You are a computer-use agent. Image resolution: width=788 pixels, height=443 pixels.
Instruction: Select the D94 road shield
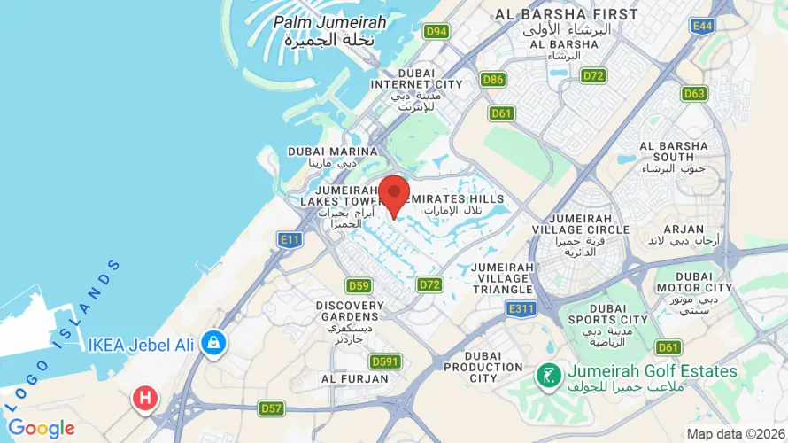[x=436, y=32]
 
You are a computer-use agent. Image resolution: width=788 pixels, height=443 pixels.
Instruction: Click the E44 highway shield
[x=703, y=27]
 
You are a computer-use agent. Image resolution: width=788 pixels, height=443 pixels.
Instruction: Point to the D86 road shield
[x=493, y=80]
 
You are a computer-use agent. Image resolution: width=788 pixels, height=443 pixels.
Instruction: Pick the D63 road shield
[x=694, y=93]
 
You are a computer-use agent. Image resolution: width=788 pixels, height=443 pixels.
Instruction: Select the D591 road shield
[x=385, y=361]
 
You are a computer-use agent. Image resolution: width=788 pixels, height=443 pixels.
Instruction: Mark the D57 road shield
[x=271, y=408]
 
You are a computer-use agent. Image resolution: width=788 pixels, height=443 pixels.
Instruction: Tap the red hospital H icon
[x=145, y=398]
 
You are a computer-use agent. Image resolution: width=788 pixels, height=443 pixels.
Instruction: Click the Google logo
[x=41, y=429]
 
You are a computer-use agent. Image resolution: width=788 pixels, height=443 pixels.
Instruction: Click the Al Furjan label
[x=355, y=378]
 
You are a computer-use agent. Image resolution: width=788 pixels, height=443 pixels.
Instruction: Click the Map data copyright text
[x=737, y=434]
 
